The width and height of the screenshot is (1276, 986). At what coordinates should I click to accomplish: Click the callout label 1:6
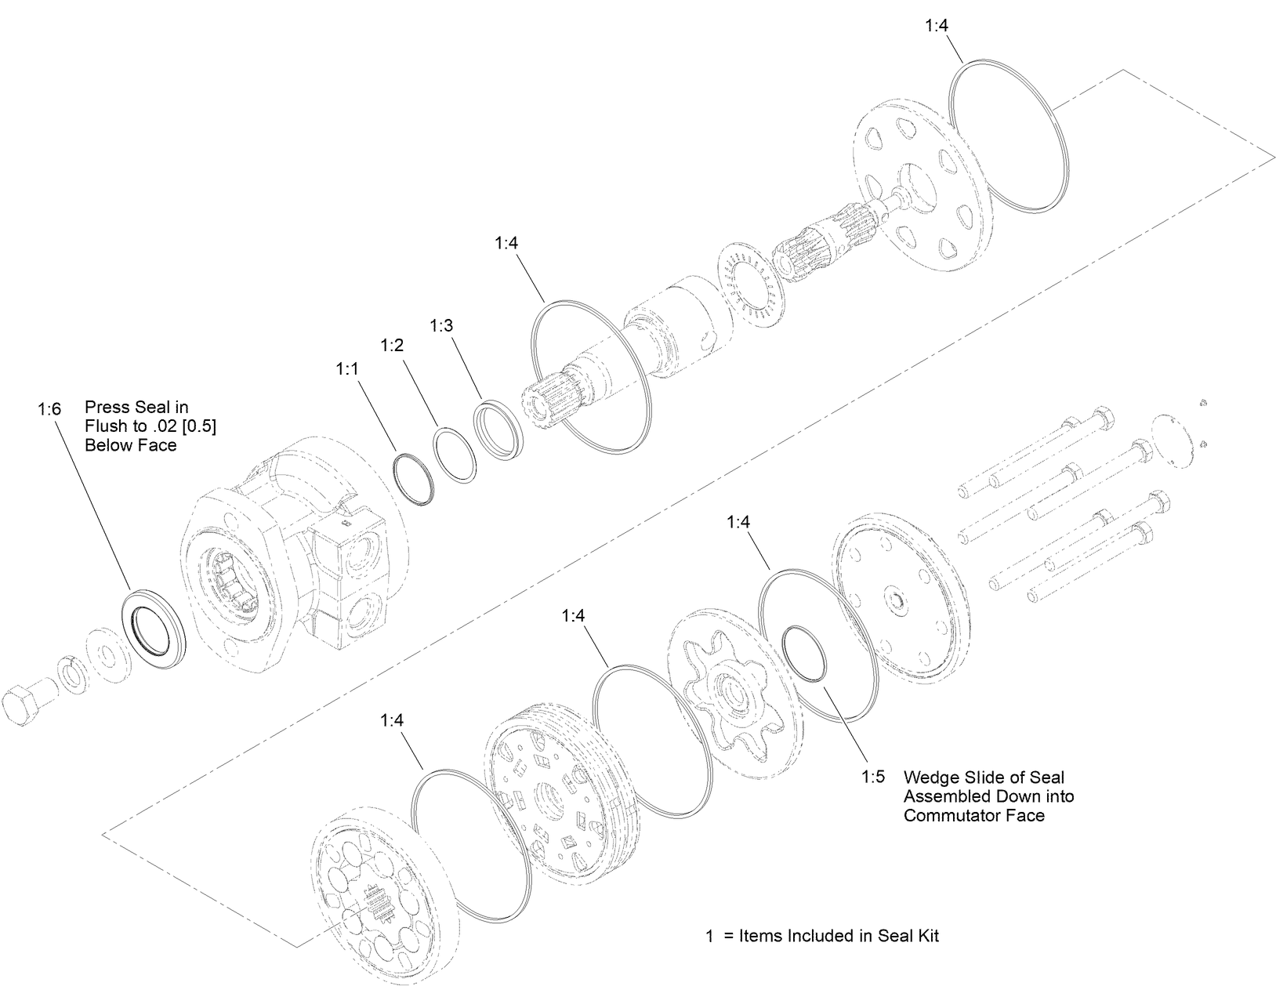[x=48, y=408]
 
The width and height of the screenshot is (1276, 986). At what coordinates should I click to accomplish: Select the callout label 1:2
[x=392, y=345]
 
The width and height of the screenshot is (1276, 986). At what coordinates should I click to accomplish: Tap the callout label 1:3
[x=441, y=325]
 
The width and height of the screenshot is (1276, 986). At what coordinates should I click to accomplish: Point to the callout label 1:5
[x=873, y=777]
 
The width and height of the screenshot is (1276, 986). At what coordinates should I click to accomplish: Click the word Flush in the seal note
[x=105, y=426]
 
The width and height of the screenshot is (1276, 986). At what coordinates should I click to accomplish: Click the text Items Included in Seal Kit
[x=839, y=936]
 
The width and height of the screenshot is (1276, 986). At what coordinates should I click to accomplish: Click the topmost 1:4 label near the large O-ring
[x=937, y=25]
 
